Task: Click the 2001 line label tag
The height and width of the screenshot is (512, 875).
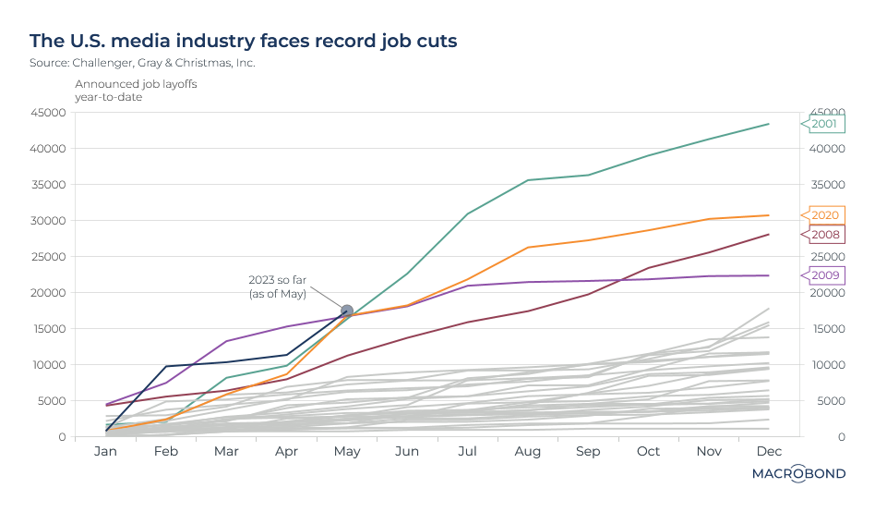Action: [x=824, y=123]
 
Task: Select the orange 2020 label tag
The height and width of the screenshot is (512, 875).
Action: [x=824, y=215]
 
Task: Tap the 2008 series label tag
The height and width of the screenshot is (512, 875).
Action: [x=824, y=235]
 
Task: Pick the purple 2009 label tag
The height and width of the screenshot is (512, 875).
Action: [x=824, y=274]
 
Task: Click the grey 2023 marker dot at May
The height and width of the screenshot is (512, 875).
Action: [x=347, y=311]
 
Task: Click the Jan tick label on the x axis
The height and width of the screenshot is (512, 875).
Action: [x=106, y=451]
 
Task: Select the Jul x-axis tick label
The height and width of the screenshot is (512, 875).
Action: [x=467, y=451]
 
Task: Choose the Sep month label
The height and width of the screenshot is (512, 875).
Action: [x=587, y=451]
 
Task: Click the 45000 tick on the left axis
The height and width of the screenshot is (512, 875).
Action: [x=48, y=113]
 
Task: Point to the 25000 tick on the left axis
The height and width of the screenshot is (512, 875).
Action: [x=48, y=257]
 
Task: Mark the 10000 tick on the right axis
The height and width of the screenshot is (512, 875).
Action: [x=828, y=365]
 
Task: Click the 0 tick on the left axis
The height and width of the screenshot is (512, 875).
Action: [x=61, y=437]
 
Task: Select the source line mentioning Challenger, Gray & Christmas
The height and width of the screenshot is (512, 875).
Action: [x=142, y=63]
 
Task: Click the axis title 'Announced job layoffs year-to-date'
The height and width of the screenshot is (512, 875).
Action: [x=136, y=91]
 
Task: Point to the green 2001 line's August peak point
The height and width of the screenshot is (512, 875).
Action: [x=527, y=180]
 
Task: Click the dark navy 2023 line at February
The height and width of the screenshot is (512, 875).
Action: [x=166, y=366]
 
